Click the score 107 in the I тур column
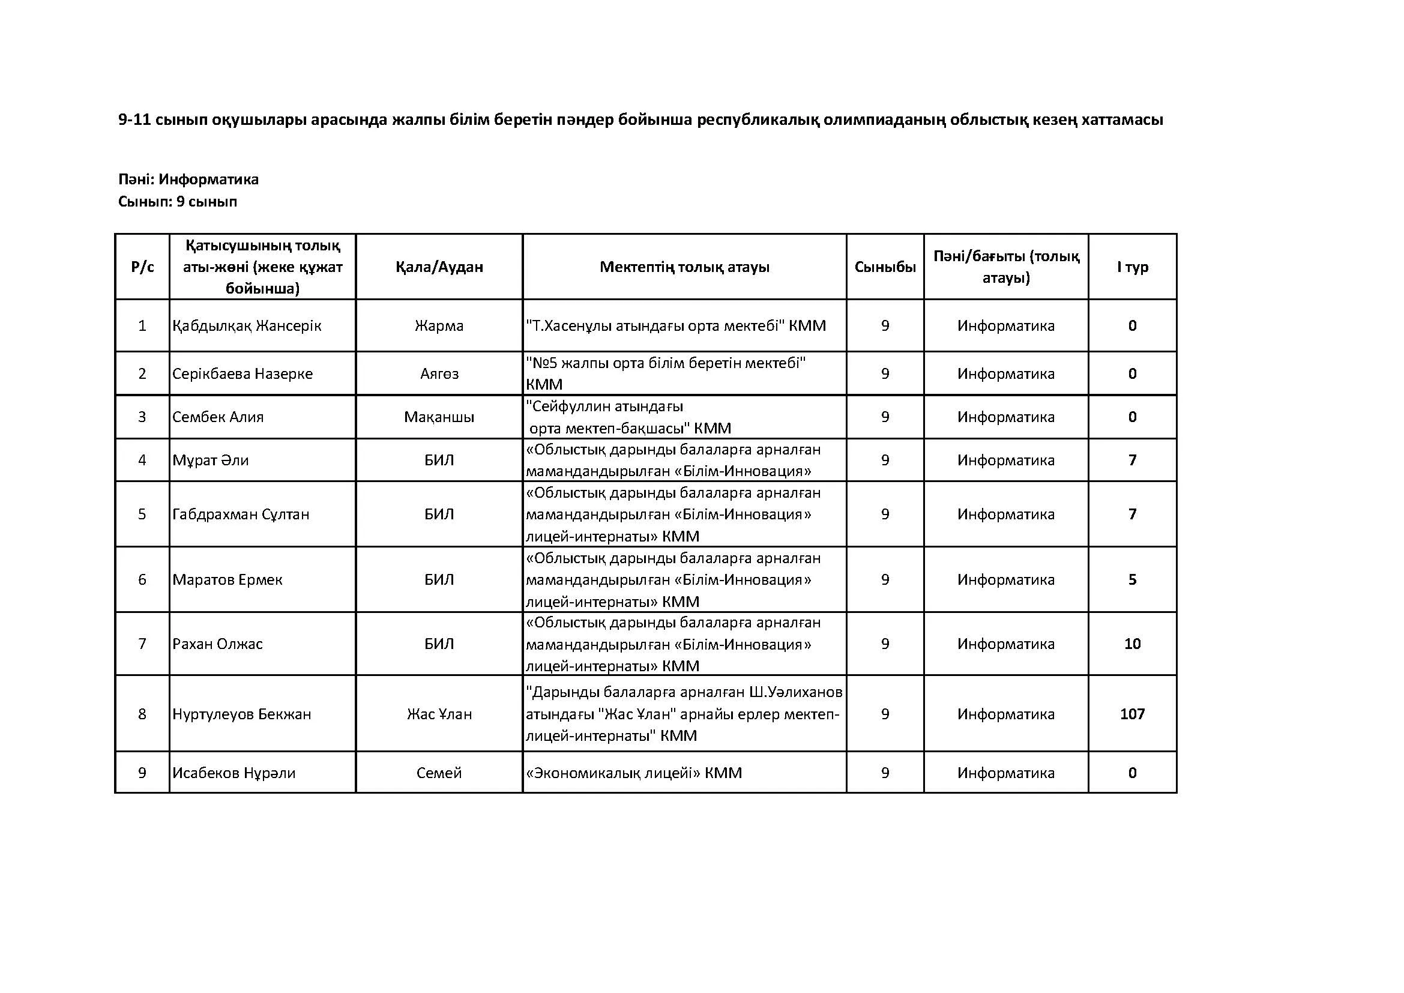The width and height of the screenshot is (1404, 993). pos(1132,714)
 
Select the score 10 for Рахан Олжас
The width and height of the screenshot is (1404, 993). pos(1132,643)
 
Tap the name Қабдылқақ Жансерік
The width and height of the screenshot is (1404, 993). pos(247,325)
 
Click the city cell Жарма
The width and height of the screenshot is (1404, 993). pos(439,325)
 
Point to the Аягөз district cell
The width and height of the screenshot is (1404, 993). pos(439,373)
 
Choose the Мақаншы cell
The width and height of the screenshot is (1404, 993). pos(439,417)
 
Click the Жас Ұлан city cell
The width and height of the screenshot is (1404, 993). pos(439,714)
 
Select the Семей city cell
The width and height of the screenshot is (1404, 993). pos(439,773)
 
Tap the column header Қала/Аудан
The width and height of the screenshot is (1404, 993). pos(439,267)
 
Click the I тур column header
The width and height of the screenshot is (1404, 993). pos(1132,267)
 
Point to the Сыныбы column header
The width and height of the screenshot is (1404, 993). pos(885,267)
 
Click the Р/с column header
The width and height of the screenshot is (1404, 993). pos(142,267)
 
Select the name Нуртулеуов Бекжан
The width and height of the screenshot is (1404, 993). pos(241,714)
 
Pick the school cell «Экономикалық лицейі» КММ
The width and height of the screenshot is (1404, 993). pos(633,773)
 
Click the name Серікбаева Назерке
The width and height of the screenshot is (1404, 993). pos(242,373)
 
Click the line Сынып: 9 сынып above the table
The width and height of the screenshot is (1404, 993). pos(177,201)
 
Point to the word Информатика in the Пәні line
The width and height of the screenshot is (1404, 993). pos(208,179)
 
